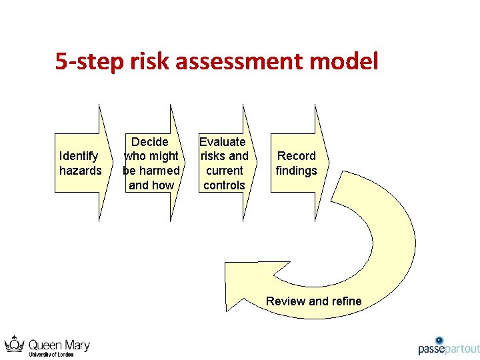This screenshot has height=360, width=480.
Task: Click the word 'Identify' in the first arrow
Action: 79,156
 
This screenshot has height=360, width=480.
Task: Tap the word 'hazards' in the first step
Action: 80,171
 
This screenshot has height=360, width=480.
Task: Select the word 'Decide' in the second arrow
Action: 150,141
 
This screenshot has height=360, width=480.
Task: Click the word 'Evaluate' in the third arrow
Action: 223,141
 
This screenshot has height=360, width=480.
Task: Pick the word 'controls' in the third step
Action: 224,185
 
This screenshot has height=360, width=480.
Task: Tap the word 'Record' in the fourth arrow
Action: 297,156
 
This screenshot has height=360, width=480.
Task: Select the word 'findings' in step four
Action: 297,171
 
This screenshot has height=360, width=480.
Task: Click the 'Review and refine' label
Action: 313,301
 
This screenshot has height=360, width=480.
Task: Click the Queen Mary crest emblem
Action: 14,345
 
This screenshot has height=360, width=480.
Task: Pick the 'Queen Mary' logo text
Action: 59,345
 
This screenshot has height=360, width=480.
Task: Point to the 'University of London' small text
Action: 51,355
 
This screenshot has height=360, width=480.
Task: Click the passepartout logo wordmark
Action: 449,349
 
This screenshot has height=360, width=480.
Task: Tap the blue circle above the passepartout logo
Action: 439,340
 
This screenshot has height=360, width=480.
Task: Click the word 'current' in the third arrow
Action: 224,171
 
